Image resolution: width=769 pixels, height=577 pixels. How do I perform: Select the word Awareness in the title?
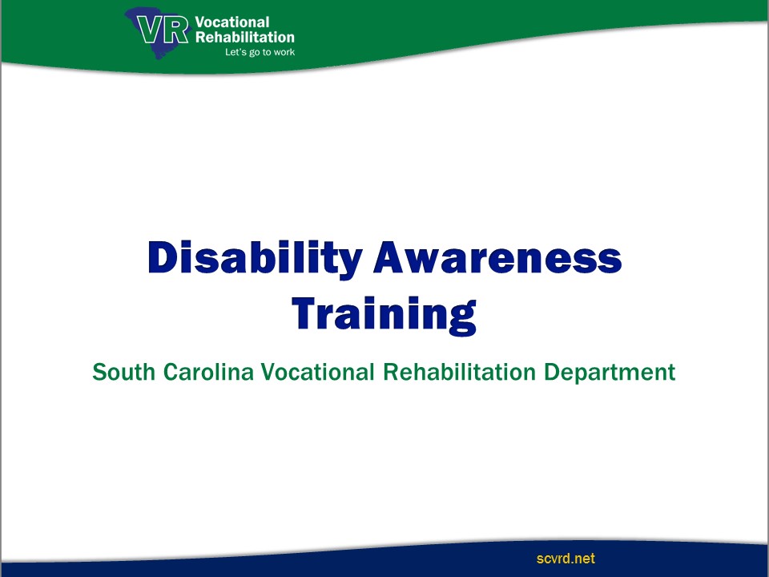click(497, 257)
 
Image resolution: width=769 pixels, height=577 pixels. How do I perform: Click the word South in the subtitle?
click(124, 372)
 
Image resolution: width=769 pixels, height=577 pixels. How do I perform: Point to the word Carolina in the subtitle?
click(208, 372)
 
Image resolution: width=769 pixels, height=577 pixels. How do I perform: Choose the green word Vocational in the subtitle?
click(318, 372)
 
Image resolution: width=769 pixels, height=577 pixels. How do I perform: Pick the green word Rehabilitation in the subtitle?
click(459, 372)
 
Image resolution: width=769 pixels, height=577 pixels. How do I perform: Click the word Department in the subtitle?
click(610, 373)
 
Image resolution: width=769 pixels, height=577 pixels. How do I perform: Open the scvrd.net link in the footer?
click(566, 559)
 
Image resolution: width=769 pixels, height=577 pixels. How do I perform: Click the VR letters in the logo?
click(163, 30)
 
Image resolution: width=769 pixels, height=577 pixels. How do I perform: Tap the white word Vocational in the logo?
click(232, 22)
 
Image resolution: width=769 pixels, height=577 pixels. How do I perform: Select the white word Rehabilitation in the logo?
click(245, 38)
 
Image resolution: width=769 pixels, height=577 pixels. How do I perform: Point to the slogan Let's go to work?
click(260, 52)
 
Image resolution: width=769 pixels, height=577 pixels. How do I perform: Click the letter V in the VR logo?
click(149, 30)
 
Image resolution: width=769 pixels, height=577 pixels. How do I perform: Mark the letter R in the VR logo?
click(175, 30)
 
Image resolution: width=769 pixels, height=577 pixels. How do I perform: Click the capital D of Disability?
click(162, 256)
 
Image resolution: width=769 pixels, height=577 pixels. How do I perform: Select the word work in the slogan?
click(284, 52)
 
